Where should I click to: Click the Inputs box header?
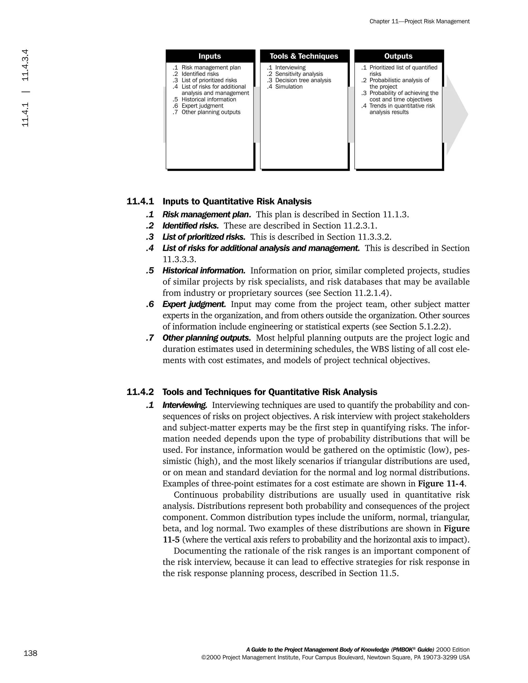click(210, 56)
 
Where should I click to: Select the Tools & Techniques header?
click(304, 56)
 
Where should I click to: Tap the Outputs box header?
click(398, 56)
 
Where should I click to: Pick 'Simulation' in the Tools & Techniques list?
click(289, 87)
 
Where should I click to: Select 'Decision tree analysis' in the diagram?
click(303, 80)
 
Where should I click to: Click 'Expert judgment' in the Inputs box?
click(202, 106)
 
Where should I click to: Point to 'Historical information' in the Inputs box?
click(209, 99)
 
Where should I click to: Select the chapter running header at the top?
click(419, 22)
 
